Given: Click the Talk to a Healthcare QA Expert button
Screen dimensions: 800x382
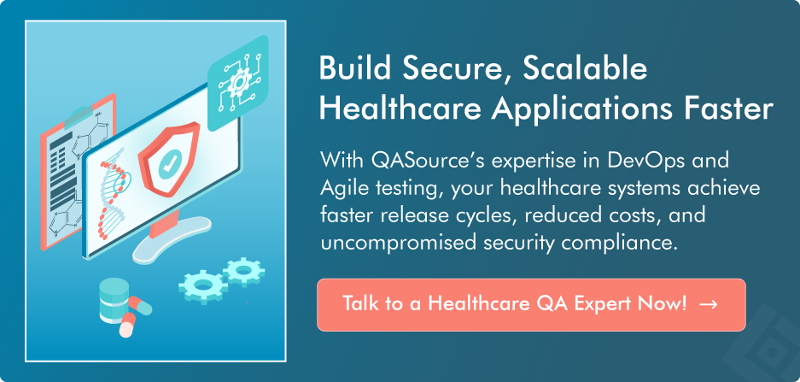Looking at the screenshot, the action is point(531,304).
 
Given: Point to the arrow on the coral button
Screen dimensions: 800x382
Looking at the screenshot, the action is point(708,304).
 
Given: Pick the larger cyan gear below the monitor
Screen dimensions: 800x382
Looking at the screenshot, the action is point(202,285).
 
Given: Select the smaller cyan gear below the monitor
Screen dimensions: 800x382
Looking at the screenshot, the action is point(244,271).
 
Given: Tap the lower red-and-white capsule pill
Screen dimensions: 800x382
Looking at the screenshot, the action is point(127,324).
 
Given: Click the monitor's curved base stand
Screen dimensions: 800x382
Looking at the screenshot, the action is point(171,240).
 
